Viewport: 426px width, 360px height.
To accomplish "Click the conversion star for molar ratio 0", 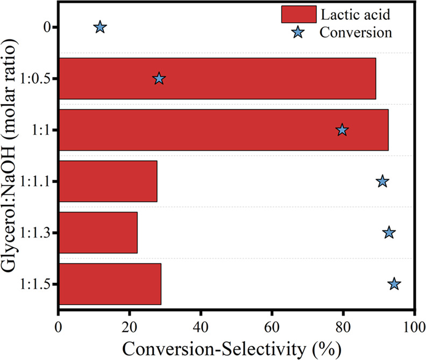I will point(100,27).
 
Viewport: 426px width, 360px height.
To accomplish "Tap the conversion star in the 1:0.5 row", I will point(159,79).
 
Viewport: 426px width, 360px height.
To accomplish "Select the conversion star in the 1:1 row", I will point(342,130).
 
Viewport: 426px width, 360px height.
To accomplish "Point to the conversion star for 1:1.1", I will point(382,182).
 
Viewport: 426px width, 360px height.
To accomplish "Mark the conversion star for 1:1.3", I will point(389,233).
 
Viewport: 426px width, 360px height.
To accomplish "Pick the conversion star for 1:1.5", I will point(394,284).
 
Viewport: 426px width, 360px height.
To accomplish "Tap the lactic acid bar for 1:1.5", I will point(110,284).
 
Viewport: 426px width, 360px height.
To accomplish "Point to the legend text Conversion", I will point(355,32).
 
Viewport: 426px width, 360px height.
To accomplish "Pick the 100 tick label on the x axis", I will point(414,326).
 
